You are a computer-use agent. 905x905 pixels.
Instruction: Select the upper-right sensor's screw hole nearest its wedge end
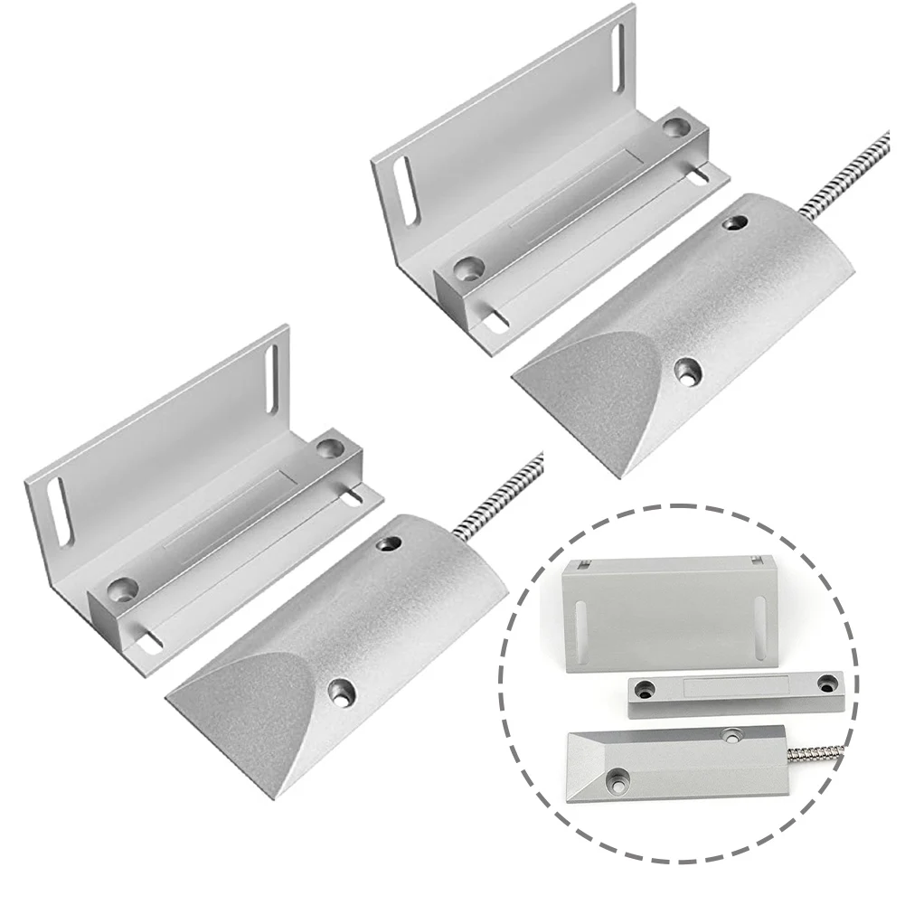tap(691, 370)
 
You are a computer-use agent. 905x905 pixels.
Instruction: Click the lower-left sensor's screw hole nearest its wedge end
tap(342, 693)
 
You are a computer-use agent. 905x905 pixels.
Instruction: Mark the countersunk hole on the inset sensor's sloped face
tap(620, 776)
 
